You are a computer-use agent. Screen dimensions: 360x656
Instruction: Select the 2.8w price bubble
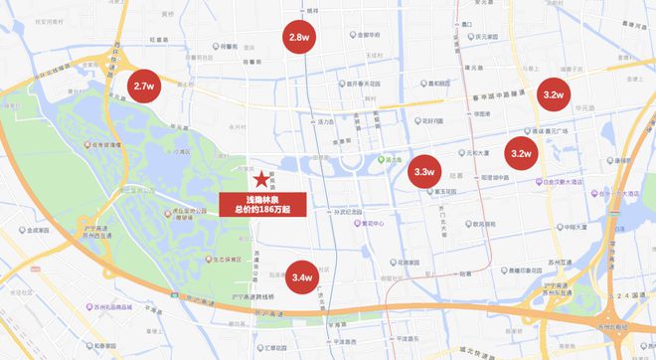coord(297,37)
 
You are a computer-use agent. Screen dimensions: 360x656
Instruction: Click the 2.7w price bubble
coord(143,87)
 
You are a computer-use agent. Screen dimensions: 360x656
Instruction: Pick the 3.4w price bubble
coord(302,275)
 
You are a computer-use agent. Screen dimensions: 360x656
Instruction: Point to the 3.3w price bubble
coord(423,172)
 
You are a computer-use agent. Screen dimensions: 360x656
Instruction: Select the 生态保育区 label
coord(203,256)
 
